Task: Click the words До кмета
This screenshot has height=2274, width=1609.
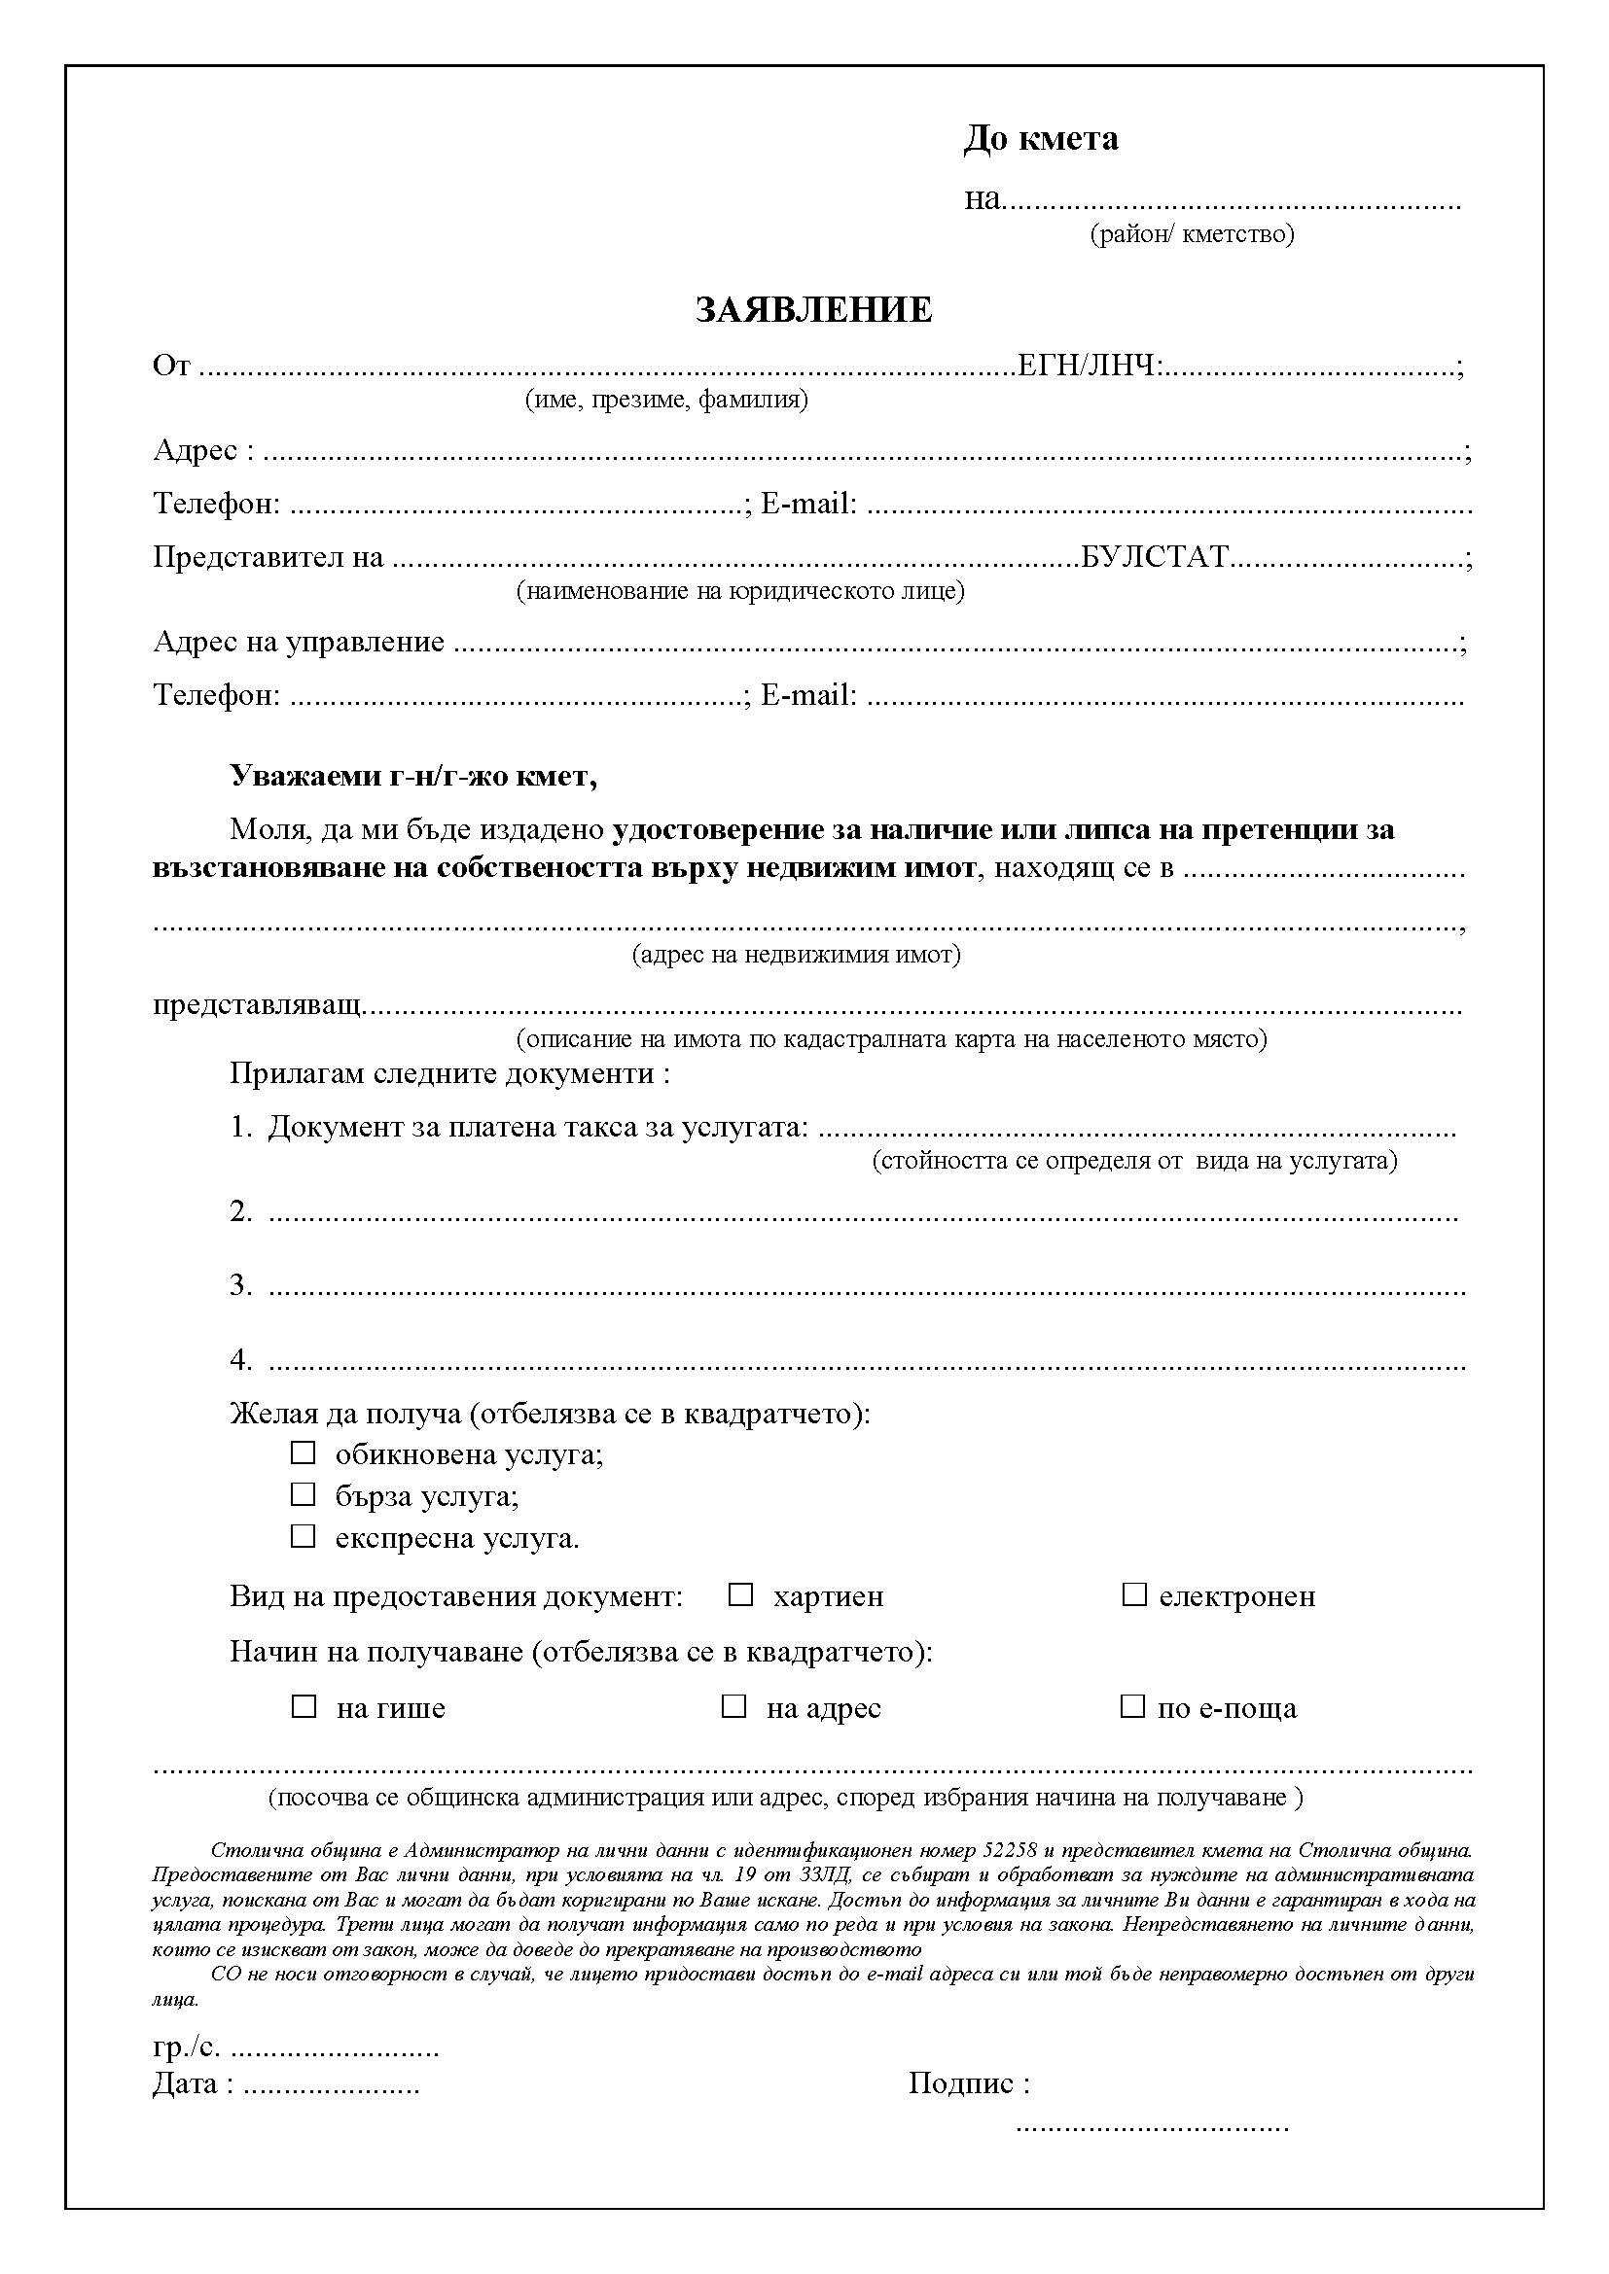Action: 1040,139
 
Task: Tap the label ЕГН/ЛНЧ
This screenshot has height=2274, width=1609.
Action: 1088,367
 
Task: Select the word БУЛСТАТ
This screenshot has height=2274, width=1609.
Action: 1155,557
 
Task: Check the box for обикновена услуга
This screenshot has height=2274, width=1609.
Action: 303,1452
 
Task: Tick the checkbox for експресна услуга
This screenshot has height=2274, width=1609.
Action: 303,1536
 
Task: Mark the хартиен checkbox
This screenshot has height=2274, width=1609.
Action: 740,1594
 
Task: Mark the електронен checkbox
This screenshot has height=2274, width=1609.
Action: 1133,1594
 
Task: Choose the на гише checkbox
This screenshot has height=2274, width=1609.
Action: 303,1706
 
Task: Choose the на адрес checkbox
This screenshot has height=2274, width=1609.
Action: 733,1706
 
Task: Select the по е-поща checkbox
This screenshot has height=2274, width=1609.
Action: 1131,1706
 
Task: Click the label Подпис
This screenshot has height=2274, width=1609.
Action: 968,2082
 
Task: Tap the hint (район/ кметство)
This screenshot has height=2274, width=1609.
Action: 1192,233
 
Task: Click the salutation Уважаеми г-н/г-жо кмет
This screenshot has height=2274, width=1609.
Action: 413,775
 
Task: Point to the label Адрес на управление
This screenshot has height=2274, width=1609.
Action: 299,641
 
